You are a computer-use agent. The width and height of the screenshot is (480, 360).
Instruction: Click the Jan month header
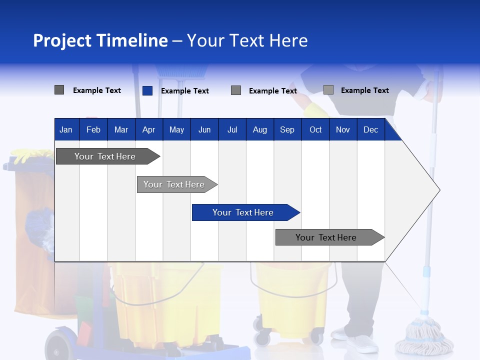[66, 129]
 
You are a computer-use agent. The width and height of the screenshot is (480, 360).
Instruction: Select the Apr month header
[148, 129]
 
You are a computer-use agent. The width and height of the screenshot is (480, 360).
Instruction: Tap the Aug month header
[259, 129]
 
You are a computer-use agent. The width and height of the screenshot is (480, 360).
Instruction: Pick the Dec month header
[370, 129]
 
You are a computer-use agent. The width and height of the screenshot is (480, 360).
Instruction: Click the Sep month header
[287, 129]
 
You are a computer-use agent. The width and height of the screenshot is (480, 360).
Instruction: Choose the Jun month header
[204, 129]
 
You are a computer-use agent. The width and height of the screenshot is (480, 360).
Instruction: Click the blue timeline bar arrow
[245, 212]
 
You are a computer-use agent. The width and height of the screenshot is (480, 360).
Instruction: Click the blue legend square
[147, 90]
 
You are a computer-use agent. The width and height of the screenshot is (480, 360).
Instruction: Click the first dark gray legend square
[59, 90]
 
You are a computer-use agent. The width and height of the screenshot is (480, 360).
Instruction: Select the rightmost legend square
[328, 90]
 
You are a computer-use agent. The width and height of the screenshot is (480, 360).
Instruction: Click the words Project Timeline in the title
[100, 40]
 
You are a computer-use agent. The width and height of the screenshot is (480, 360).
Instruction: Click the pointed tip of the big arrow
[439, 189]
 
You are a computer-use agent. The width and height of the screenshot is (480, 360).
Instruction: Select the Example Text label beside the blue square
[184, 91]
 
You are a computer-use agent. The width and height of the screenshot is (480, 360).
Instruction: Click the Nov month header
[342, 129]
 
